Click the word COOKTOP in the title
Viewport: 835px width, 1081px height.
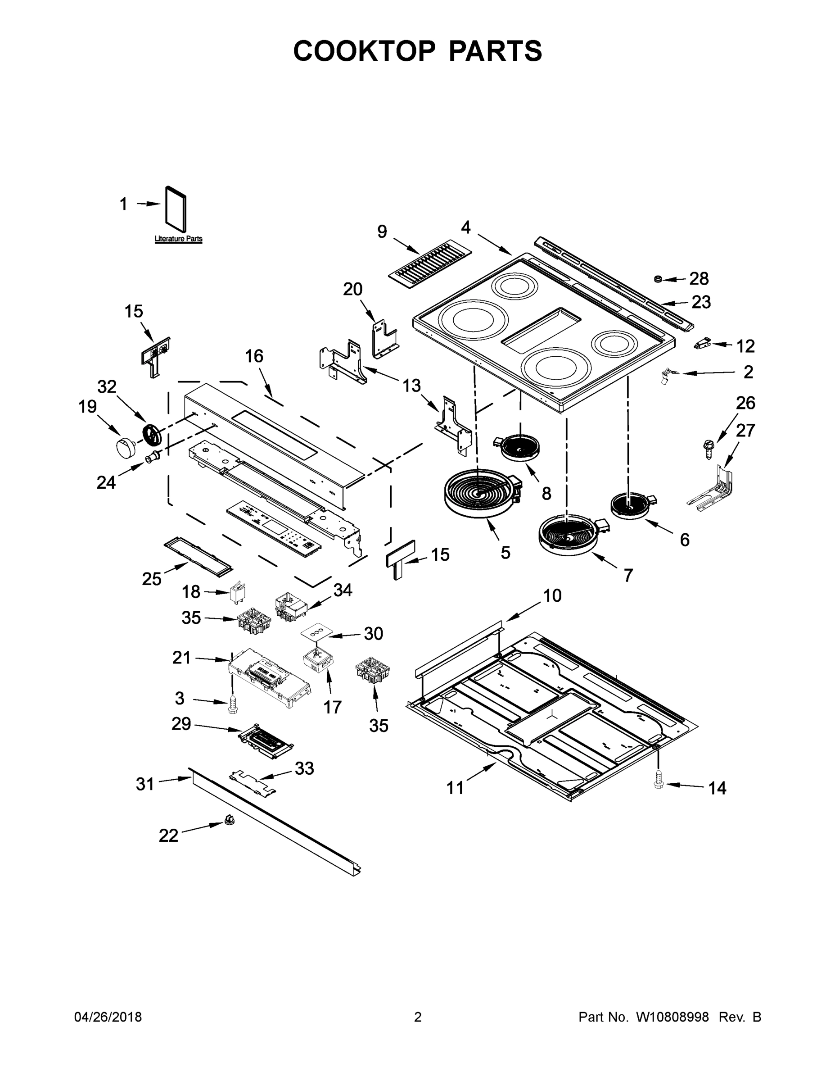[x=365, y=50]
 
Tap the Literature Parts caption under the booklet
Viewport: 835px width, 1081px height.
[x=178, y=239]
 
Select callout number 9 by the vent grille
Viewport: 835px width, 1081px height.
[x=382, y=232]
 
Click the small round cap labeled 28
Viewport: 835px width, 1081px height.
[x=659, y=280]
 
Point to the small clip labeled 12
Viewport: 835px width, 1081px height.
[x=702, y=343]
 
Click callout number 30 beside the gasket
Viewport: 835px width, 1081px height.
[x=374, y=634]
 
